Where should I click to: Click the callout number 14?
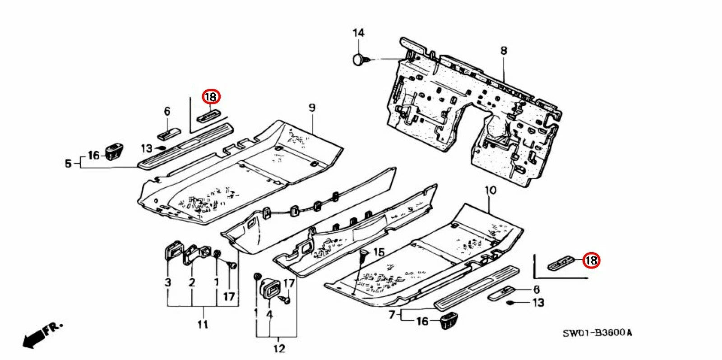pyautogui.click(x=358, y=33)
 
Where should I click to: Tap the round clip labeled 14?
pyautogui.click(x=359, y=60)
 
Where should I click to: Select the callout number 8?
pyautogui.click(x=504, y=51)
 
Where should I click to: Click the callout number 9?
pyautogui.click(x=311, y=108)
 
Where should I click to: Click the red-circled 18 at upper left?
pyautogui.click(x=211, y=97)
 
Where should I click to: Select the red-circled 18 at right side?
pyautogui.click(x=590, y=260)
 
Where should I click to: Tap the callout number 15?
pyautogui.click(x=379, y=252)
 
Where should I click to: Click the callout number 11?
pyautogui.click(x=203, y=324)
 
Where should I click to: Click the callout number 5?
pyautogui.click(x=68, y=163)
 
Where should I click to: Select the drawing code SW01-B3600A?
pyautogui.click(x=597, y=333)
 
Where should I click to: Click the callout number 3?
pyautogui.click(x=168, y=283)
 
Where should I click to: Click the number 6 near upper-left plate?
pyautogui.click(x=167, y=111)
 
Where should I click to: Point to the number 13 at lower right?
pyautogui.click(x=538, y=302)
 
